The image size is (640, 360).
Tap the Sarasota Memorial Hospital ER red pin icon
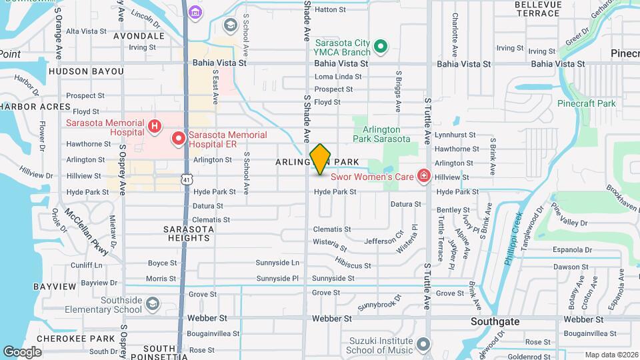pyautogui.click(x=178, y=139)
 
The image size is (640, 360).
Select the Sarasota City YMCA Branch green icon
pyautogui.click(x=381, y=47)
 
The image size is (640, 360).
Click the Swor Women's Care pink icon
pyautogui.click(x=423, y=176)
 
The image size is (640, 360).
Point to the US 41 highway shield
pyautogui.click(x=187, y=179)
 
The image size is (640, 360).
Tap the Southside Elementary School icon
pyautogui.click(x=153, y=304)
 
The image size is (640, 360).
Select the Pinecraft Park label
pyautogui.click(x=587, y=103)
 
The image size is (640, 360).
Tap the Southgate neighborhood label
pyautogui.click(x=495, y=321)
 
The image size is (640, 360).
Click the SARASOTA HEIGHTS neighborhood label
pyautogui.click(x=189, y=233)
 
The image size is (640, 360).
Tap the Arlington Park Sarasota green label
pyautogui.click(x=385, y=134)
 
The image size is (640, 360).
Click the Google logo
pyautogui.click(x=22, y=351)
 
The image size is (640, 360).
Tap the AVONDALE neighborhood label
pyautogui.click(x=139, y=35)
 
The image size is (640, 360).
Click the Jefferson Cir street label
pyautogui.click(x=385, y=239)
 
